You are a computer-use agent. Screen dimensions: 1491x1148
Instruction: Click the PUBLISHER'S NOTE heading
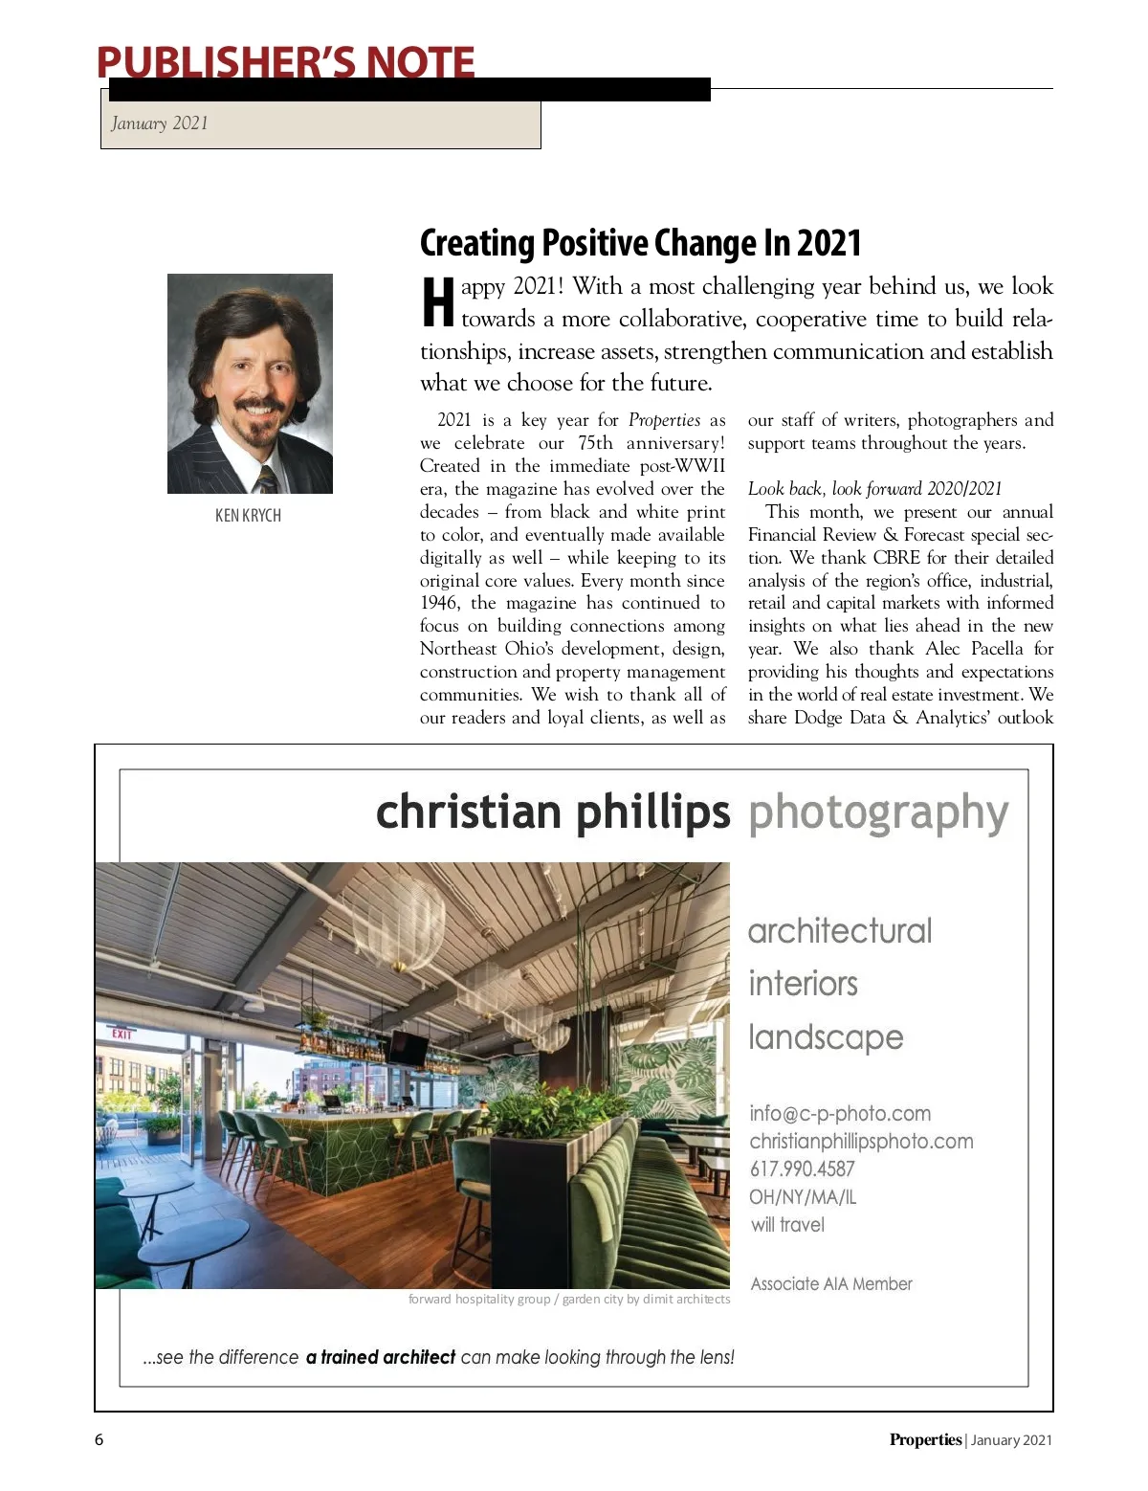point(285,62)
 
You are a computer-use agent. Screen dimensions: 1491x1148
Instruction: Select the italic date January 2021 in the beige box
point(159,123)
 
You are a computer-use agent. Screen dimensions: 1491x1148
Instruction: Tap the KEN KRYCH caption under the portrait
point(248,516)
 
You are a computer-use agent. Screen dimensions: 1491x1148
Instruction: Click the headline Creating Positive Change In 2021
point(640,243)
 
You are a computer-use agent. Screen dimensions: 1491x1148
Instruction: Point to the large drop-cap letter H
point(437,302)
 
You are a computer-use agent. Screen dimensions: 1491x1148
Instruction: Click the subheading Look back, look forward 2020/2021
point(874,489)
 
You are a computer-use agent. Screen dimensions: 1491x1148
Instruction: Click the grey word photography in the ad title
point(878,813)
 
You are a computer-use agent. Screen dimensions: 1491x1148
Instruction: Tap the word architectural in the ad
point(839,931)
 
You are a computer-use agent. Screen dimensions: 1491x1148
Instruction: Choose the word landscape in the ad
point(826,1037)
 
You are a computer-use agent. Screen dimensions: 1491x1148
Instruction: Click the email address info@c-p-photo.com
point(840,1114)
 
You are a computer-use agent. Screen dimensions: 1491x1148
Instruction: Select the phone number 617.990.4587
point(802,1169)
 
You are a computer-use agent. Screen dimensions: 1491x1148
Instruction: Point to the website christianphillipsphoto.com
point(861,1142)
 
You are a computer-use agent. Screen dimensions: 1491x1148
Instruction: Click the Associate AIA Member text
point(831,1284)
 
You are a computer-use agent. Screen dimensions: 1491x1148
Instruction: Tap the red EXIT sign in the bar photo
point(121,1035)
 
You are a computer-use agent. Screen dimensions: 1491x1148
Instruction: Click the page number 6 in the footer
point(99,1439)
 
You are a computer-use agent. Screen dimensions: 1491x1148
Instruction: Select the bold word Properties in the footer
point(924,1439)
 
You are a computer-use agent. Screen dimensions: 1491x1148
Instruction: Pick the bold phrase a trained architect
point(381,1357)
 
